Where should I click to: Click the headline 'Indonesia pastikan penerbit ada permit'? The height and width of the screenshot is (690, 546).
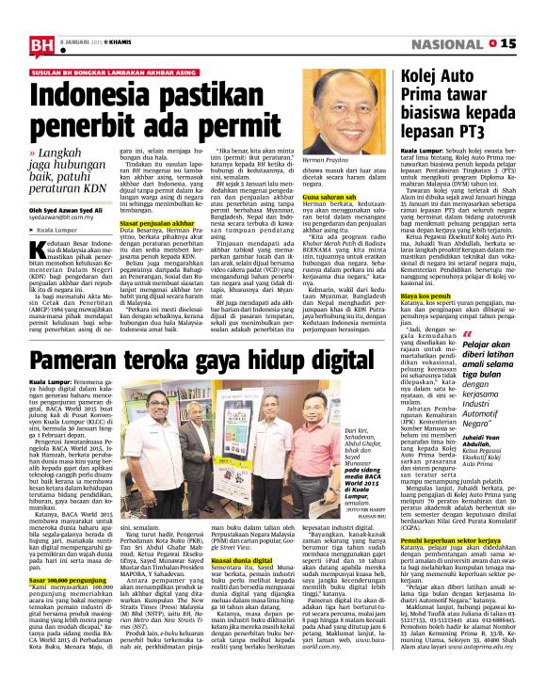[x=161, y=109]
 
